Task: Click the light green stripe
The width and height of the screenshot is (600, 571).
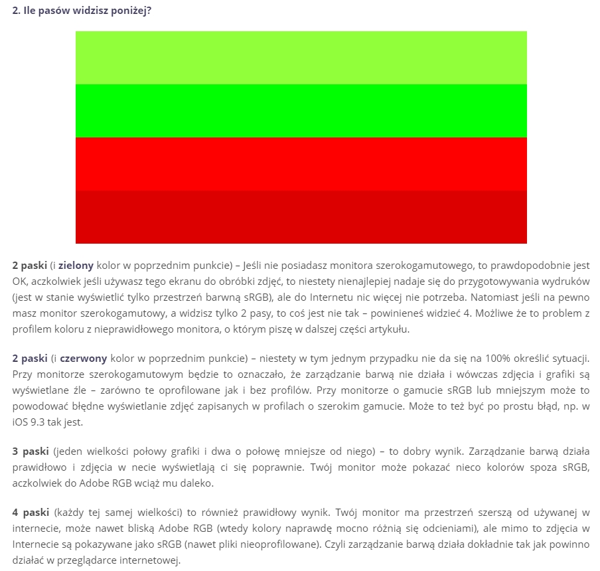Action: coord(301,58)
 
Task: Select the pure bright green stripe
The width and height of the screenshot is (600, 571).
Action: coord(301,111)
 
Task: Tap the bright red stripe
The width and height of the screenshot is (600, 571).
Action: coord(301,164)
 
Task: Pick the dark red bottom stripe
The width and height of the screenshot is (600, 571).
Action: coord(301,217)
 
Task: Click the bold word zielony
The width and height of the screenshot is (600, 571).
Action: coord(76,265)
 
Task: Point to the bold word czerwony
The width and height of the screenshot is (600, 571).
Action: coord(84,358)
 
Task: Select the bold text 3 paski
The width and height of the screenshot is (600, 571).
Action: coord(27,451)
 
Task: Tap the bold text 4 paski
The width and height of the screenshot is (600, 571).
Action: coord(27,513)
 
